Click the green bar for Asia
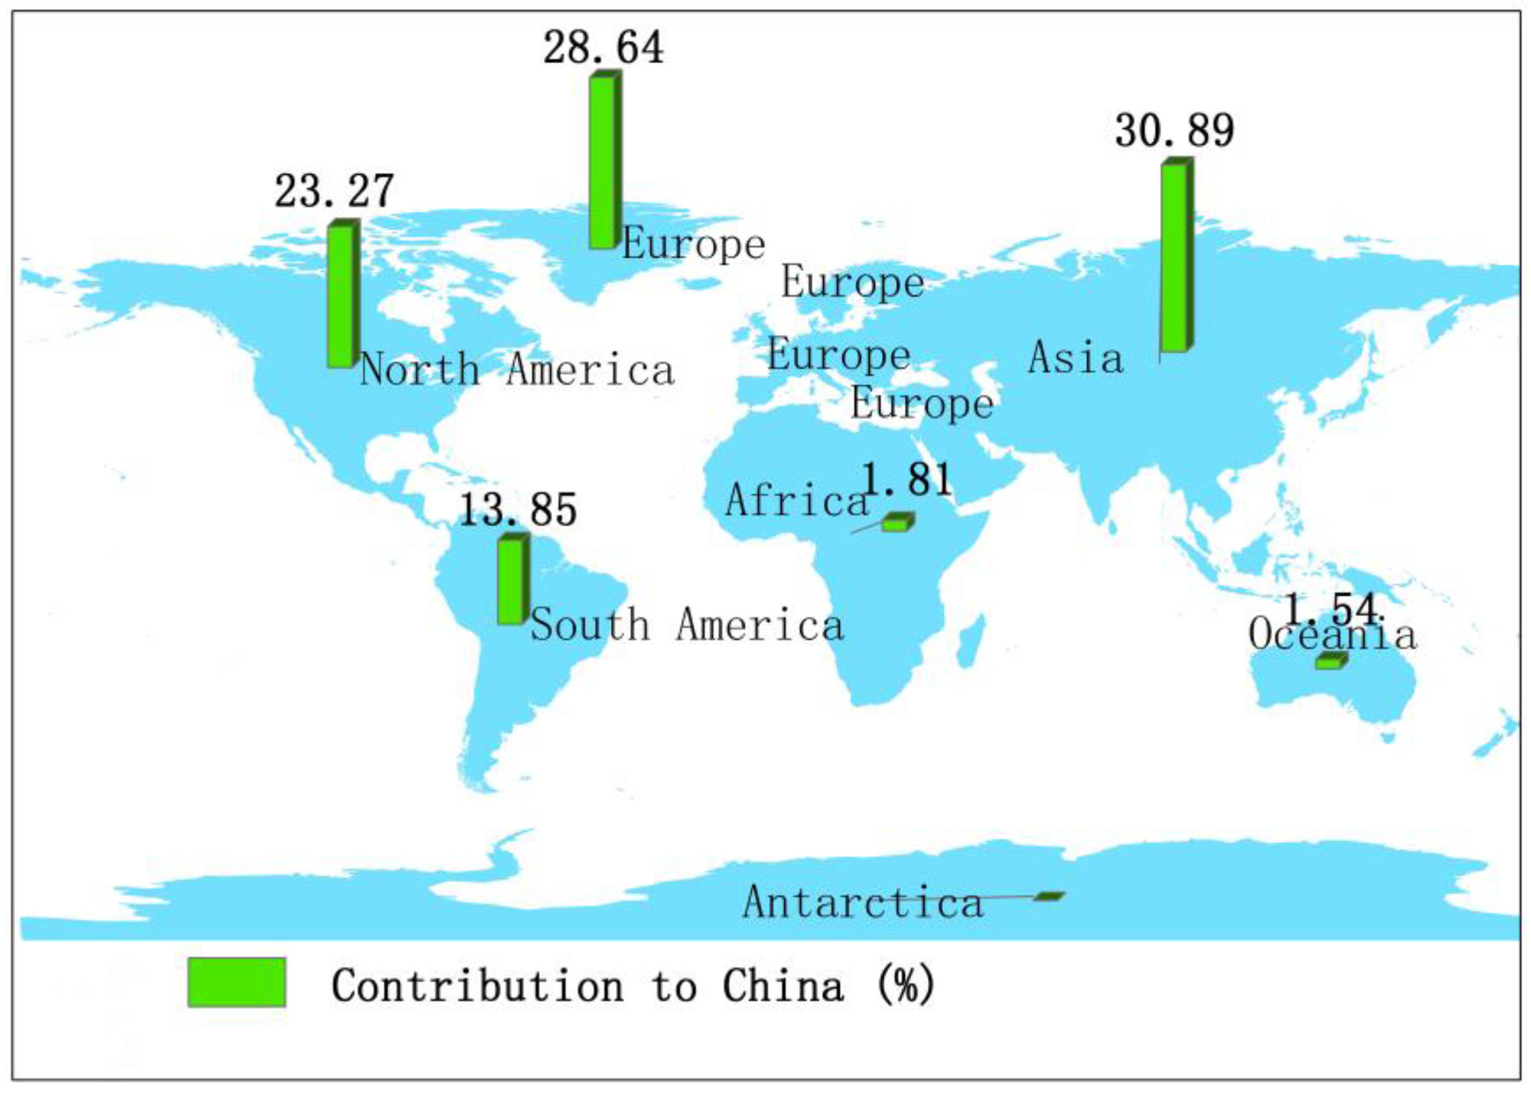coord(1175,256)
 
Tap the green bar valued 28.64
coord(603,162)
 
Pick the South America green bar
coord(512,580)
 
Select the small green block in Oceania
coord(1330,661)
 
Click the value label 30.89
coord(1174,131)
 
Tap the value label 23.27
coord(334,191)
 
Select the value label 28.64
coord(603,48)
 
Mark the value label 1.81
coord(907,480)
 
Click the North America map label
coord(517,370)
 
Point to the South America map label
coord(687,624)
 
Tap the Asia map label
coord(1075,358)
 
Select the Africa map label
coord(797,501)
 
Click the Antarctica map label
coord(863,903)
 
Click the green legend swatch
coord(236,982)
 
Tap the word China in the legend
coord(783,986)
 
